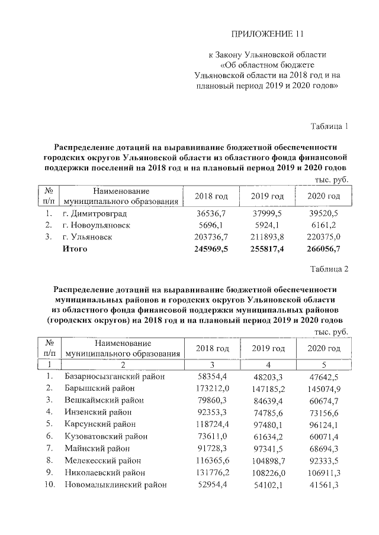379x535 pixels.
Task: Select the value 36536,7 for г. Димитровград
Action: (213, 213)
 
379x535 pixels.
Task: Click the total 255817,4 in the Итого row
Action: (268, 249)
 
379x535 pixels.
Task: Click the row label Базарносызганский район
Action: (114, 377)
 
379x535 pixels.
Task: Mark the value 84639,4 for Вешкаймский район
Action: (268, 400)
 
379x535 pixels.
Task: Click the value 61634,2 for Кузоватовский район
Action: (268, 436)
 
